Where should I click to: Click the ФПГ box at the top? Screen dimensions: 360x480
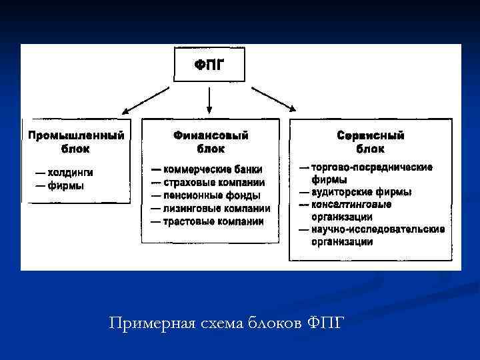point(209,65)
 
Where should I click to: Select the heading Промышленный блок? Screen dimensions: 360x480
point(76,142)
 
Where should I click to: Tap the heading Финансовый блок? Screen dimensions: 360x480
point(211,142)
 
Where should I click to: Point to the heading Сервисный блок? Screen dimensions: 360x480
point(370,142)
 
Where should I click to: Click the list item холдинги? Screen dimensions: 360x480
point(69,173)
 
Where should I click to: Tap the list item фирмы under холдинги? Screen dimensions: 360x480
point(65,185)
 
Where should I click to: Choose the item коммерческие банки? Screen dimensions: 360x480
point(212,169)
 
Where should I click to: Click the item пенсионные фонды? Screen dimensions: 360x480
point(211,195)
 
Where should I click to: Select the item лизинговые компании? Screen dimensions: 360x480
point(216,208)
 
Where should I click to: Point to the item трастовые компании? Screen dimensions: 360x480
point(213,221)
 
